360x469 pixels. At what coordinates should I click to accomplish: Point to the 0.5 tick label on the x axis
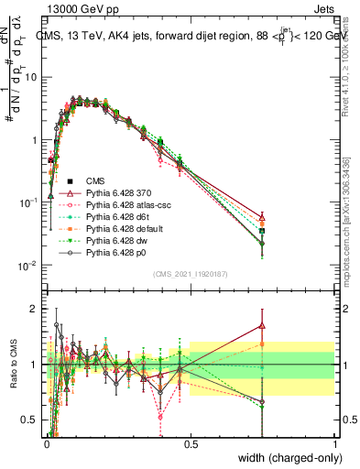point(191,443)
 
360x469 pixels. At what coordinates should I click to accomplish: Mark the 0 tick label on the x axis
point(47,443)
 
